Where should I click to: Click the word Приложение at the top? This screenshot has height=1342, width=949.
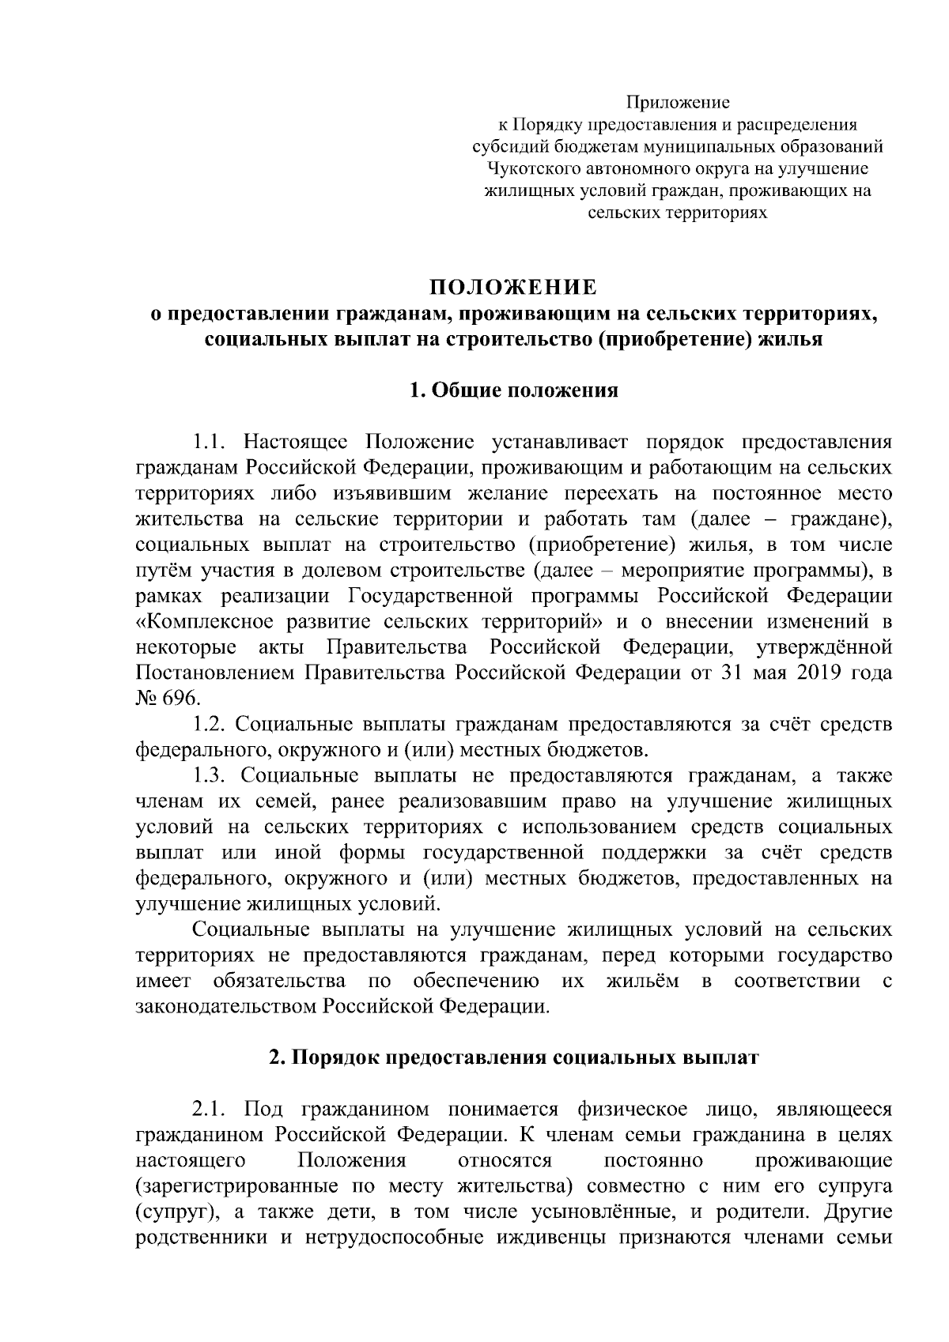tap(678, 102)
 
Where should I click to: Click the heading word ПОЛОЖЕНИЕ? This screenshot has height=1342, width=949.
tap(513, 285)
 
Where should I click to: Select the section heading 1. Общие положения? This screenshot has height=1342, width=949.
tap(513, 390)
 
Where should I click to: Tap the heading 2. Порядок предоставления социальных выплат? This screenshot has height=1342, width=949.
tap(513, 1058)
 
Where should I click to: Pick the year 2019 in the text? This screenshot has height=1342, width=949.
tap(822, 673)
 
